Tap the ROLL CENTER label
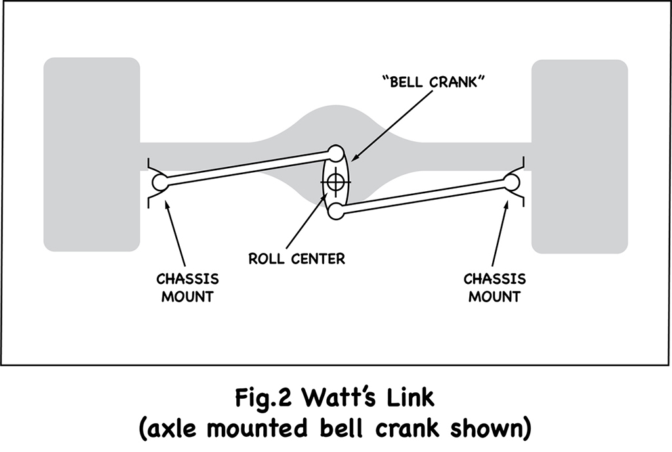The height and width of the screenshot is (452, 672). point(297,258)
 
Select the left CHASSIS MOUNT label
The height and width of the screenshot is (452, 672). point(186,287)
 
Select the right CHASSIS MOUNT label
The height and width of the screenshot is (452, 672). point(495,287)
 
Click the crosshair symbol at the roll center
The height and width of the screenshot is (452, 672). point(335,181)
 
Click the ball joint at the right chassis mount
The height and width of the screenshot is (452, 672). point(512,179)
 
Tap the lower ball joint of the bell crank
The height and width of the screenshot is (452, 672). point(335,211)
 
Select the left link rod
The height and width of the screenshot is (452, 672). point(246,168)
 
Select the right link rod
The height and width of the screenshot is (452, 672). point(423,196)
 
